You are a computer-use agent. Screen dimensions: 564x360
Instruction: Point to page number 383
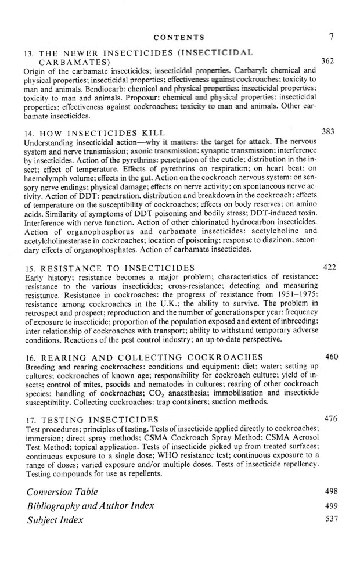click(x=329, y=132)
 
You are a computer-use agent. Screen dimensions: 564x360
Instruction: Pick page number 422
click(x=329, y=267)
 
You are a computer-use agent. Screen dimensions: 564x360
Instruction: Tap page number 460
click(x=331, y=356)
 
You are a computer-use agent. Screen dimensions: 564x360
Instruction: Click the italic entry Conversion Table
click(x=63, y=492)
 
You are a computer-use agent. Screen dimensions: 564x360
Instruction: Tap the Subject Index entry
click(x=55, y=520)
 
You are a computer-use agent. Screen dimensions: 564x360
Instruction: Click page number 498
click(x=331, y=492)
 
